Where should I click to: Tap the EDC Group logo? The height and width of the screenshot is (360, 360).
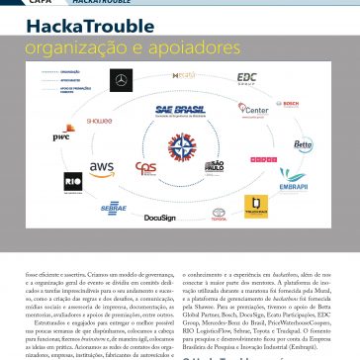pos(246,78)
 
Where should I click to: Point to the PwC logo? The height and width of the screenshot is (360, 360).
pos(61,136)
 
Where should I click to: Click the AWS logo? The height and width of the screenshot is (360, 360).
pos(102,170)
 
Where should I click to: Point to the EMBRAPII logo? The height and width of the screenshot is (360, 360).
pos(294,179)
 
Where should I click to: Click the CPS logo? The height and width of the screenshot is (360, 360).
pos(145,169)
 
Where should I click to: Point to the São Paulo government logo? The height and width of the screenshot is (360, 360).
pos(215,168)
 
